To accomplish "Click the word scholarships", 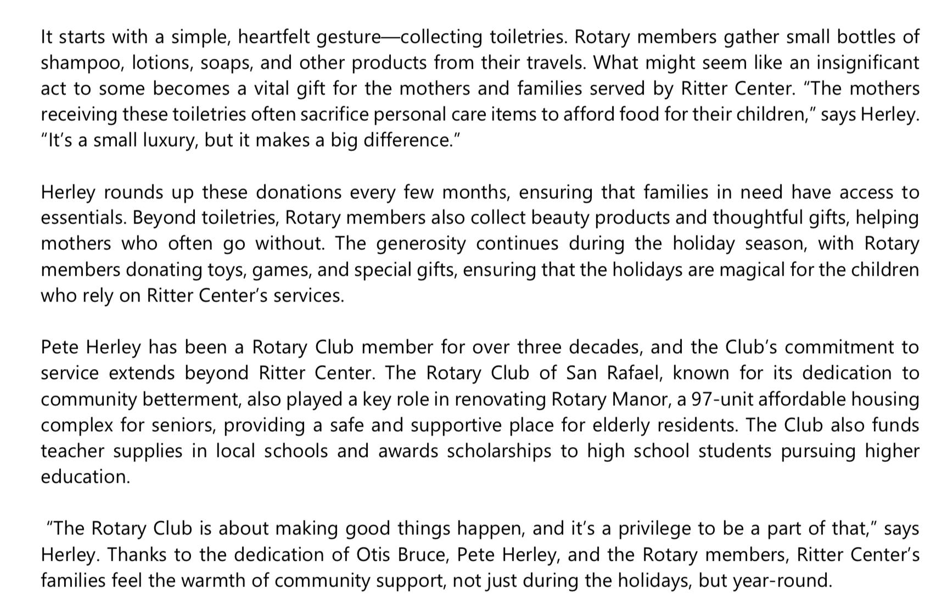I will pyautogui.click(x=499, y=451).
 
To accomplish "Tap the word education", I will pyautogui.click(x=85, y=477).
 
